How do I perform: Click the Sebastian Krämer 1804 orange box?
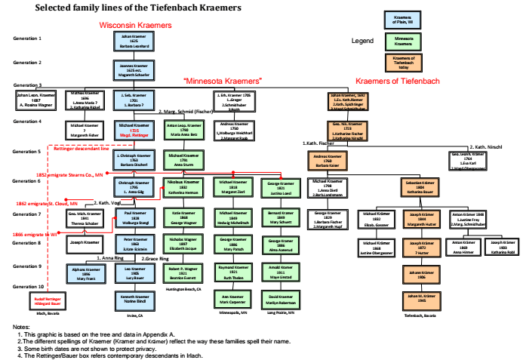click(x=420, y=188)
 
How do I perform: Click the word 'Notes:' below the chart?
click(x=21, y=326)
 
